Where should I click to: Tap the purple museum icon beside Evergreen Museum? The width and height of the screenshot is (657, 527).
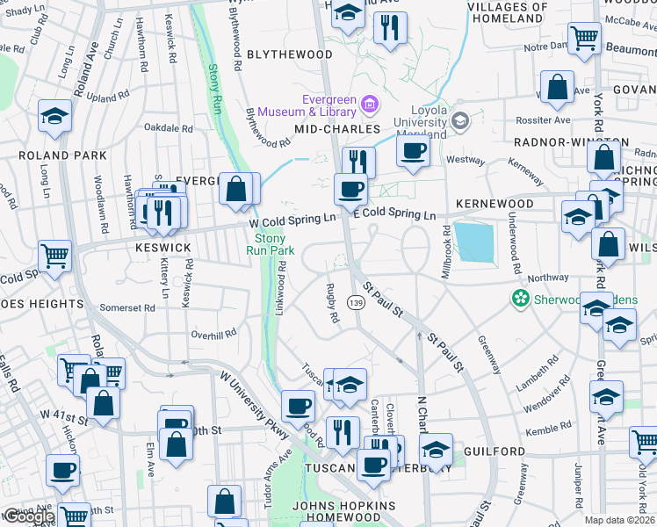(370, 106)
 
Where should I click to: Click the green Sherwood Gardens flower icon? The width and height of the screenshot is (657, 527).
(521, 299)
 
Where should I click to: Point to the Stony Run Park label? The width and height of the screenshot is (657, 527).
(270, 244)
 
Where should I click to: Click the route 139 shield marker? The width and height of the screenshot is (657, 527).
(356, 303)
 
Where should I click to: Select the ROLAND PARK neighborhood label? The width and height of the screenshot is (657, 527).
(62, 155)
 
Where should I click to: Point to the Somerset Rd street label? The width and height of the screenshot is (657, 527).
(127, 307)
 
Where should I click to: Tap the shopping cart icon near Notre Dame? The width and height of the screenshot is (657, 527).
(583, 39)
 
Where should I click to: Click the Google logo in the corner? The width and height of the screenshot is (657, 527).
(29, 516)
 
